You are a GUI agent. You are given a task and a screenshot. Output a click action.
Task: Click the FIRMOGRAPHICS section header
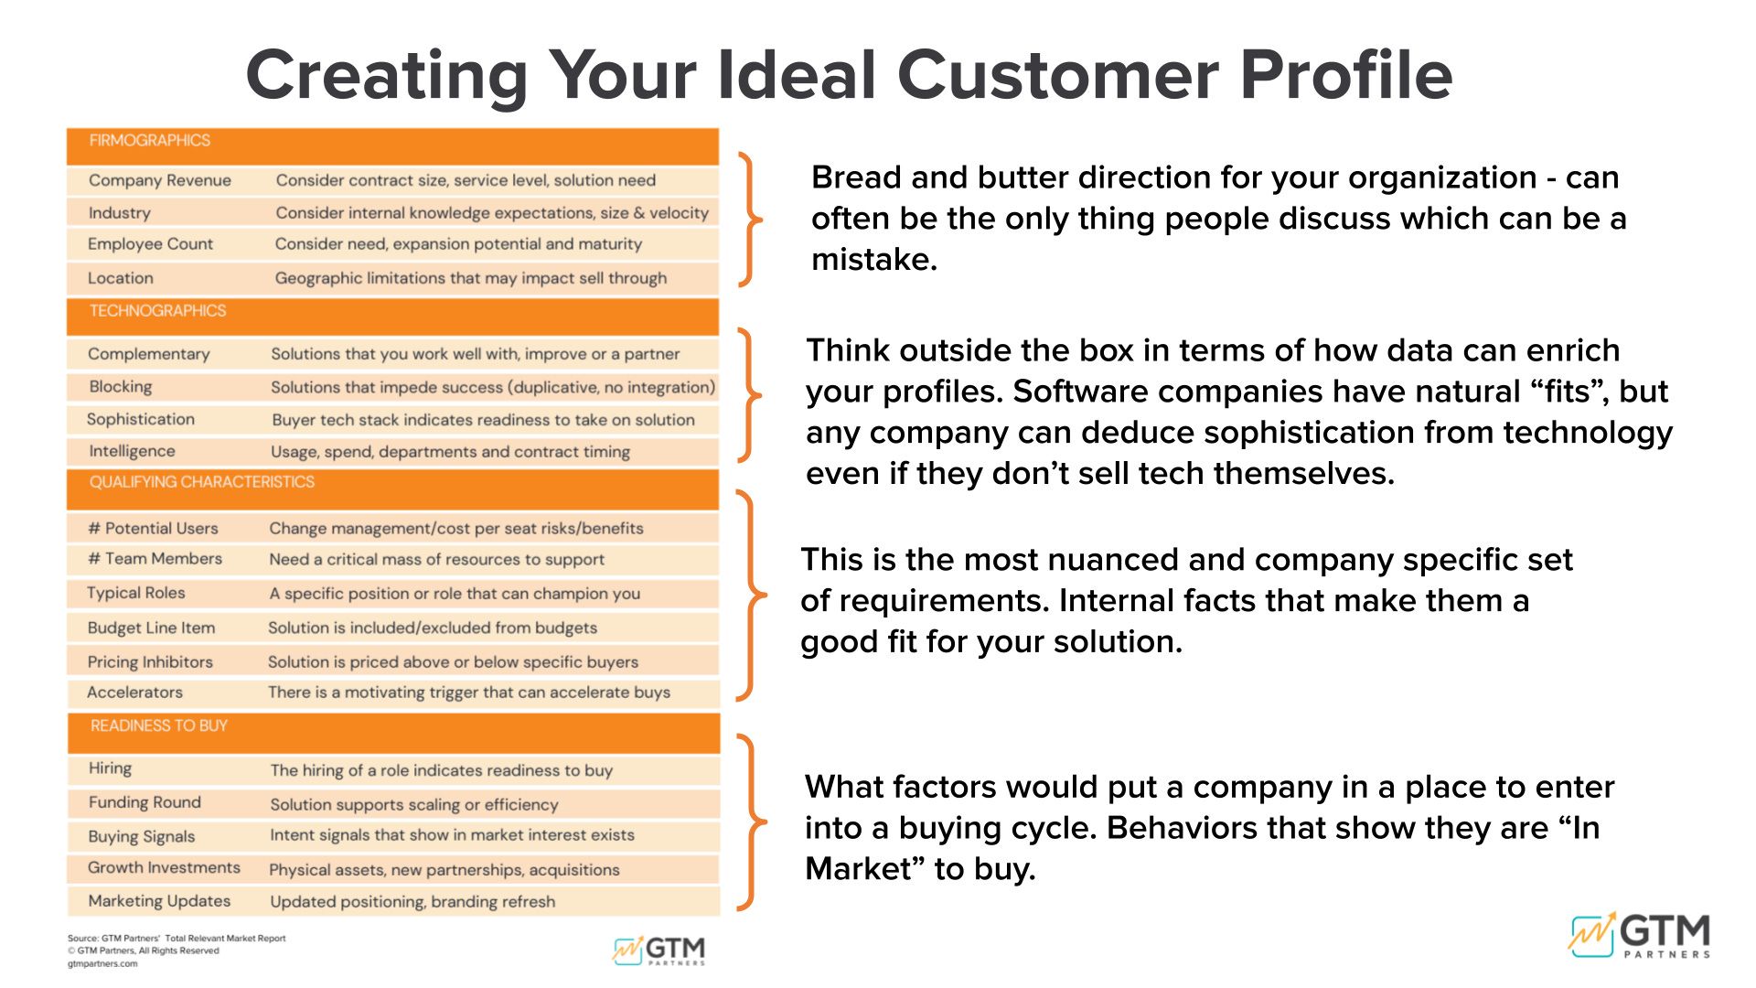[x=150, y=141]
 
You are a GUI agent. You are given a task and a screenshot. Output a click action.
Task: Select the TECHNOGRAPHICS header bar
[x=392, y=317]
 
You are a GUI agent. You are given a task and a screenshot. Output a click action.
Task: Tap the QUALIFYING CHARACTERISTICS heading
[x=202, y=482]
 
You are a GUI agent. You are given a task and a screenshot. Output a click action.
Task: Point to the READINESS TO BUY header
[x=159, y=725]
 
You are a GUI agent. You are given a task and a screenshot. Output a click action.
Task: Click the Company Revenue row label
[x=160, y=180]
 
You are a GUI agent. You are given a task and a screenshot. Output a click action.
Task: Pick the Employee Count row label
[x=150, y=244]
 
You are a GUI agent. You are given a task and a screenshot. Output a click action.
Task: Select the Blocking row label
[x=121, y=387]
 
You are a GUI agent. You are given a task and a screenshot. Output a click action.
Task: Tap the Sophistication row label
[x=141, y=419]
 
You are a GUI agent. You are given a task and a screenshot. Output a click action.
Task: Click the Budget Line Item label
[x=151, y=628]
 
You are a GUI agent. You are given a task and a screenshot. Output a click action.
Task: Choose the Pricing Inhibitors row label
[x=150, y=661]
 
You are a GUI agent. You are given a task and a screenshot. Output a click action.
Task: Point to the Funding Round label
[x=145, y=802]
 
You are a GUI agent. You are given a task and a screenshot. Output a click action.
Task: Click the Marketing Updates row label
[x=159, y=901]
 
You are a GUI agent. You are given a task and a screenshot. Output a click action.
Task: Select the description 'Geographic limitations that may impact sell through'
[x=471, y=278]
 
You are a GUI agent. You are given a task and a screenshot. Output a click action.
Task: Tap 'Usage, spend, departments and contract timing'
[x=450, y=452]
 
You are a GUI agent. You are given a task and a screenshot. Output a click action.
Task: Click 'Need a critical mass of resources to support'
[x=436, y=559]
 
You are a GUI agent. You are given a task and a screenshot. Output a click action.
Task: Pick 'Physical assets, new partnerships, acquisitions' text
[x=444, y=870]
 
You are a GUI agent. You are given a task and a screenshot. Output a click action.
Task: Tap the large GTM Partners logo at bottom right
[x=1640, y=935]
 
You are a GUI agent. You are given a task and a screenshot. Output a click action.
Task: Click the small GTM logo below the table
[x=659, y=950]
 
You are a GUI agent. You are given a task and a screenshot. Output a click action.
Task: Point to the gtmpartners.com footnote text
[x=102, y=963]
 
